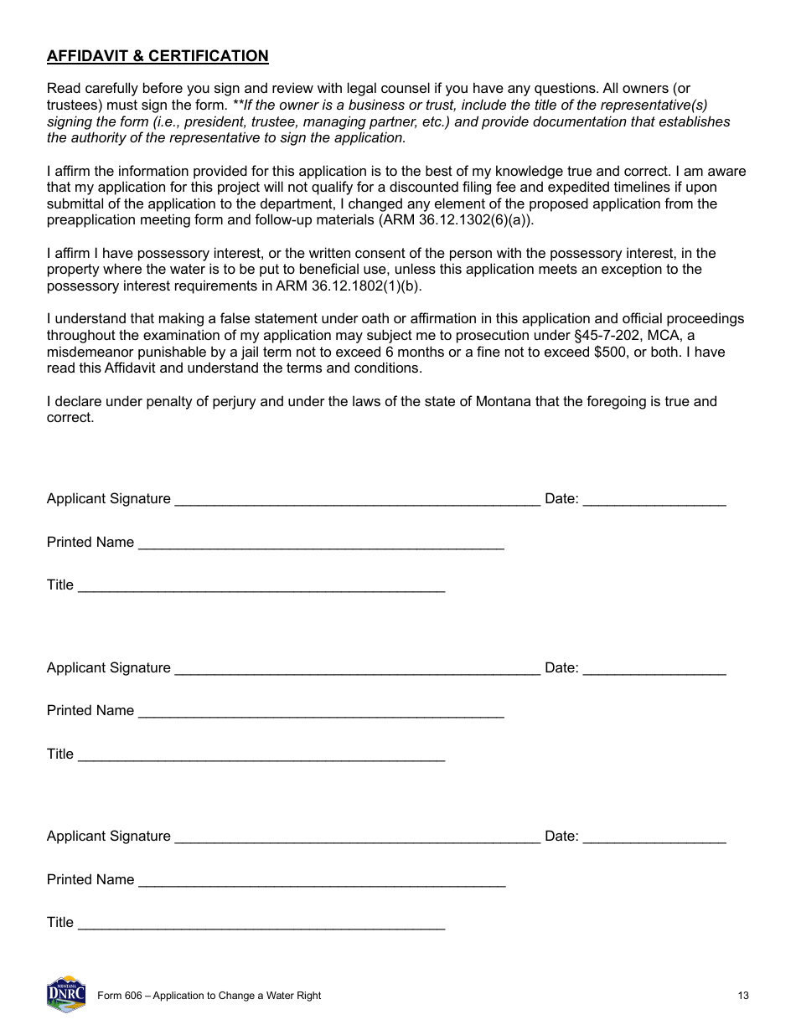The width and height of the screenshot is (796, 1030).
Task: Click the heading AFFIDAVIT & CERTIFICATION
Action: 158,56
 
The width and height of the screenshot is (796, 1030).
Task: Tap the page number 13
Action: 743,996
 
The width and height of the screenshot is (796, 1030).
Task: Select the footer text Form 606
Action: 118,996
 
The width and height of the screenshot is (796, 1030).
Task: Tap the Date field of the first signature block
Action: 654,500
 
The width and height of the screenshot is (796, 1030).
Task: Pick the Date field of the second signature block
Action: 654,669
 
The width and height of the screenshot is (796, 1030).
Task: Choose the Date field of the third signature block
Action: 654,837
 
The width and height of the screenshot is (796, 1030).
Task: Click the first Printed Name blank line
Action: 321,543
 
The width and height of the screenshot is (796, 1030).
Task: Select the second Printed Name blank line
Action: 321,712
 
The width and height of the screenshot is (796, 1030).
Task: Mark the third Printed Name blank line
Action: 322,881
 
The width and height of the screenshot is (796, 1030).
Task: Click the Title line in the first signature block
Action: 261,586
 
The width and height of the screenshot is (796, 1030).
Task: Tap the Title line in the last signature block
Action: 261,924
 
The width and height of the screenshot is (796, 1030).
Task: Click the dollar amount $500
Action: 610,352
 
